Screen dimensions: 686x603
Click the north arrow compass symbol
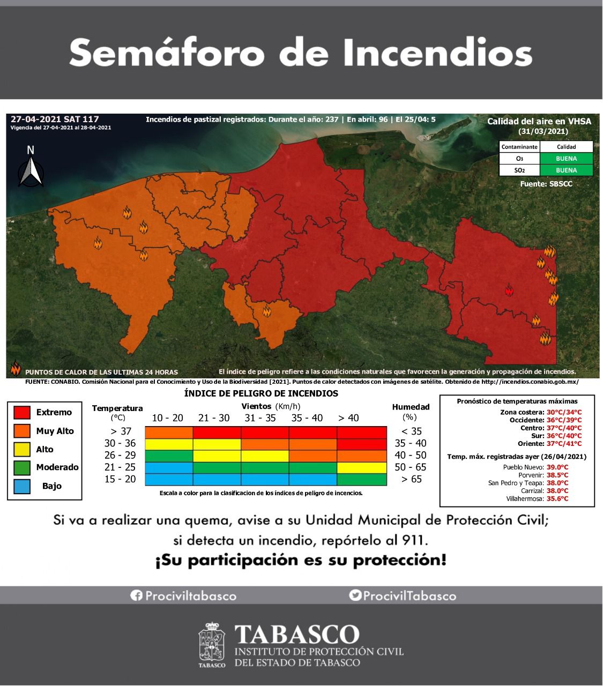(31, 168)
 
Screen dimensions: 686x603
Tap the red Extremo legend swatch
(22, 412)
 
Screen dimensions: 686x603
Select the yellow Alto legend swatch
(22, 449)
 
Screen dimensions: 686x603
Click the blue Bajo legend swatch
(22, 486)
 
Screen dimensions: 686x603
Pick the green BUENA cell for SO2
(566, 170)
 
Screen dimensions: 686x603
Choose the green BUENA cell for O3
(566, 159)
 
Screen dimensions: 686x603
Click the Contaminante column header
(519, 147)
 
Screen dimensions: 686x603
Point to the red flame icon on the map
(509, 291)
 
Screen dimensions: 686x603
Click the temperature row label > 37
(119, 431)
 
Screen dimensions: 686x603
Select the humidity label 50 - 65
(410, 467)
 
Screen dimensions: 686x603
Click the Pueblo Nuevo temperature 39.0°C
(557, 467)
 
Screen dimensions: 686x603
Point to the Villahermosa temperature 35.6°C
(557, 499)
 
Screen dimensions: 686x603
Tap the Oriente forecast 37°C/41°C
(564, 444)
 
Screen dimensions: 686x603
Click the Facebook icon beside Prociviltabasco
(136, 595)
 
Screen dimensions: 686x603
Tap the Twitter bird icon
(355, 595)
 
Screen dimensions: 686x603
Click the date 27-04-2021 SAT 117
(55, 119)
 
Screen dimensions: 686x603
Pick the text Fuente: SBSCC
(546, 184)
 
